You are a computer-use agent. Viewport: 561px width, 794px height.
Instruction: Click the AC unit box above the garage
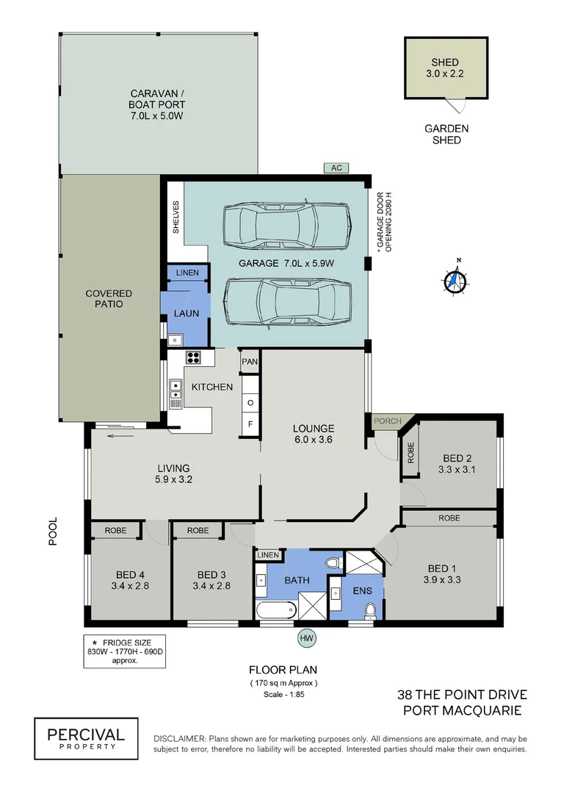336,168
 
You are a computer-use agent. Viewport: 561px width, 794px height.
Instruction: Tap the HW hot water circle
306,638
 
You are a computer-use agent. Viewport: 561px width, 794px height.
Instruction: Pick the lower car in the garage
289,303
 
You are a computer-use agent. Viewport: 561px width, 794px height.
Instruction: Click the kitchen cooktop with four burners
193,357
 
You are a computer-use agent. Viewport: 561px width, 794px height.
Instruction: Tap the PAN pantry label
250,362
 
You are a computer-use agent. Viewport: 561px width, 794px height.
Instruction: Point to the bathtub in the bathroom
275,609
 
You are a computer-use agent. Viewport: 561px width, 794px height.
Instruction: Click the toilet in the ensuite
371,611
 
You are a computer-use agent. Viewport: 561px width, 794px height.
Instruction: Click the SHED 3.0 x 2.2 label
445,68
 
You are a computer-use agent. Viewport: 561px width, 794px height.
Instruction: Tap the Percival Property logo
86,738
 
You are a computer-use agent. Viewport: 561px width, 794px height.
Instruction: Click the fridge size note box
125,651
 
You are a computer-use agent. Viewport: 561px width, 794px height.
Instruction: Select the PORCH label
388,421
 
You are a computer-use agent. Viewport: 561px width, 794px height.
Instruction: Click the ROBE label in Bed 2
410,453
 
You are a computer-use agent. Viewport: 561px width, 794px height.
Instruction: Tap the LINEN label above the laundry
187,273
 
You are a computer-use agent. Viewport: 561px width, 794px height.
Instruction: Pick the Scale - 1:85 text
283,694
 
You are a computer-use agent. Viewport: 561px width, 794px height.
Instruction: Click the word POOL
53,531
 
